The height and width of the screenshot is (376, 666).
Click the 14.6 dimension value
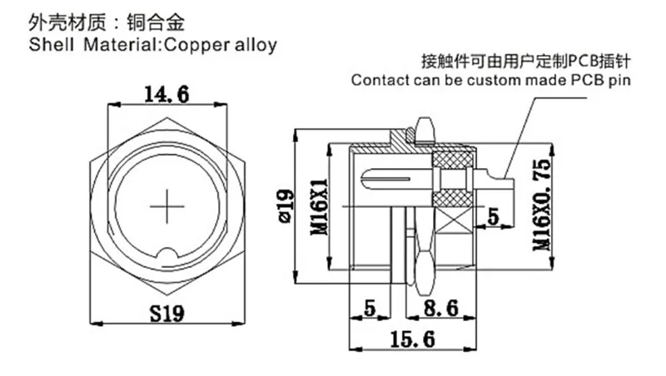[x=166, y=93]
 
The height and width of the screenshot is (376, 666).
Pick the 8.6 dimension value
[x=439, y=309]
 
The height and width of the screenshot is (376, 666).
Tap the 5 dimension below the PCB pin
[x=493, y=218]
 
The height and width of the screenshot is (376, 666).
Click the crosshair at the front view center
[x=166, y=204]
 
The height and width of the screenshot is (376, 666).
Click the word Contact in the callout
[x=377, y=81]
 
